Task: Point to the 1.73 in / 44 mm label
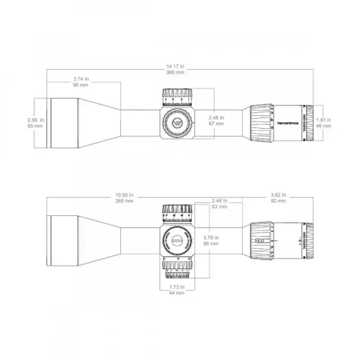[x=176, y=289]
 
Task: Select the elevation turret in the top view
[x=176, y=96]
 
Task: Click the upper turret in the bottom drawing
[x=176, y=212]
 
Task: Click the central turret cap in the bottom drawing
[x=176, y=241]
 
